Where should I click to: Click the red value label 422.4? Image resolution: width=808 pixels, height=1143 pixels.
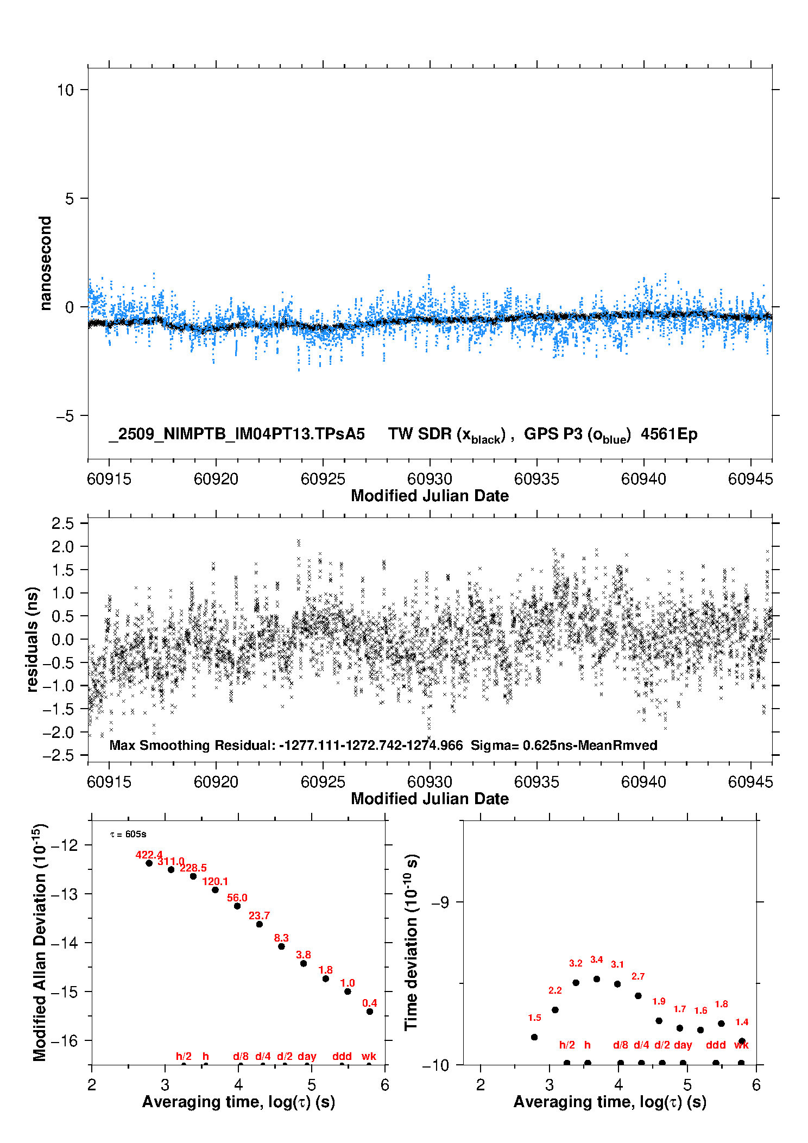149,855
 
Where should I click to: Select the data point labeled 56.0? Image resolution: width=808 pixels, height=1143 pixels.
237,906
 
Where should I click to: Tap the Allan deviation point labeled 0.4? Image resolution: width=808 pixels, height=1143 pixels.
370,1012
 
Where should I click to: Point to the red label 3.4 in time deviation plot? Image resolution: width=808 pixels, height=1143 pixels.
596,959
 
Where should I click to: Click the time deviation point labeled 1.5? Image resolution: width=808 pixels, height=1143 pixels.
534,1037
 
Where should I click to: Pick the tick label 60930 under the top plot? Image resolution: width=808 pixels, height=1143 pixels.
430,479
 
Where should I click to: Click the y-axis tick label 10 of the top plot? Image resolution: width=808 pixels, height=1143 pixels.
65,90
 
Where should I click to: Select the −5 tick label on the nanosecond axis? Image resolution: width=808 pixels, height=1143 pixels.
65,416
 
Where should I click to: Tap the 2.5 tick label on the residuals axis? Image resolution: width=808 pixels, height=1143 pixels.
62,523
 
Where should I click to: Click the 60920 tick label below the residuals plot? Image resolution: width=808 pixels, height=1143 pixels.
216,782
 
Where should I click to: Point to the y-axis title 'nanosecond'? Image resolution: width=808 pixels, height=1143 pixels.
45,263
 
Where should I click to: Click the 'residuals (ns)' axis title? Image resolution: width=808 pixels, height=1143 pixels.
32,639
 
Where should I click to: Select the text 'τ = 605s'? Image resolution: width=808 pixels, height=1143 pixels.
128,834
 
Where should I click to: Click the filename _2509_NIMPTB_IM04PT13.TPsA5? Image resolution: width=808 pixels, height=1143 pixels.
237,434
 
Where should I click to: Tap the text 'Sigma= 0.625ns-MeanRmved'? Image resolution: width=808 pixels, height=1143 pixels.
564,745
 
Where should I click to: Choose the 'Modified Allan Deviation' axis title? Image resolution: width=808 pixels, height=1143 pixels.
39,942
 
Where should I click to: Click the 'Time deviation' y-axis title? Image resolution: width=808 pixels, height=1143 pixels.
411,943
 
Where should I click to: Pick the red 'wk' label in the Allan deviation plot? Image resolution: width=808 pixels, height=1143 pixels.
369,1056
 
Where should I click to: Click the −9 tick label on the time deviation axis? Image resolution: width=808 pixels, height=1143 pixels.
440,902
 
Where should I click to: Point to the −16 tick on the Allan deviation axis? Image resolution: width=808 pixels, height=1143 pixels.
64,1041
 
